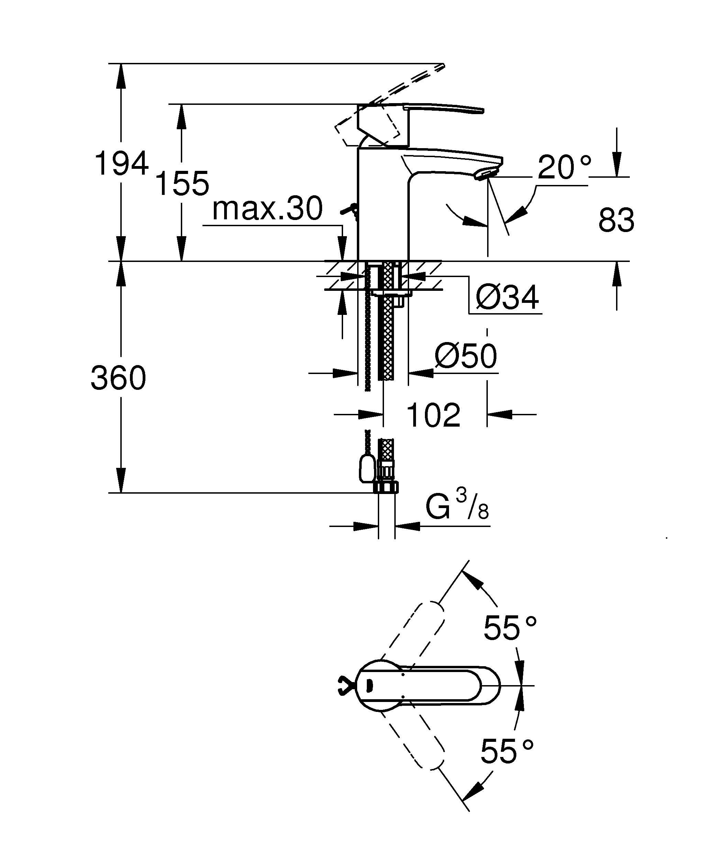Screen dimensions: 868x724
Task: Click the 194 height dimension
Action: click(x=121, y=164)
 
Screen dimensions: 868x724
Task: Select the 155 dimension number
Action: click(x=182, y=183)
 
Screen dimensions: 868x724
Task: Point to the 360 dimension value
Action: click(x=119, y=378)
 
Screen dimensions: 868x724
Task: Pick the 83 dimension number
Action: click(x=616, y=220)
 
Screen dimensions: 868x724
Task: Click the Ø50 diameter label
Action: click(x=466, y=356)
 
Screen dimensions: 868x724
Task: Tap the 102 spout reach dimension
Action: click(x=433, y=415)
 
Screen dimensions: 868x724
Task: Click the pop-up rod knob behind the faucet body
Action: click(x=349, y=210)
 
